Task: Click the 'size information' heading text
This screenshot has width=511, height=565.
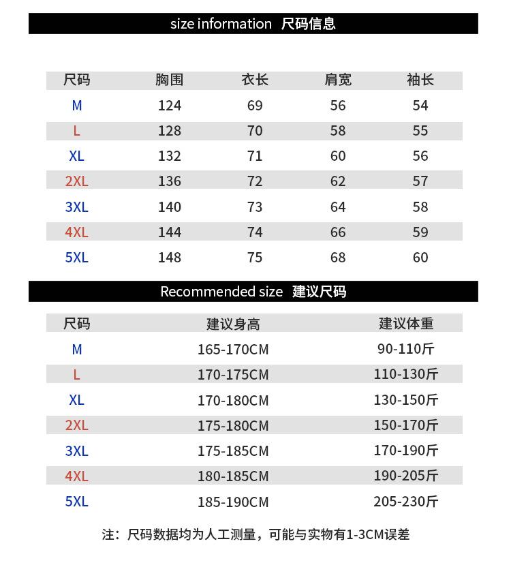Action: coord(221,24)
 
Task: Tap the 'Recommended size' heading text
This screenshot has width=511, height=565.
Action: coord(221,292)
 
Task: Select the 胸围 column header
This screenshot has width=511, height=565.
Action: coord(170,80)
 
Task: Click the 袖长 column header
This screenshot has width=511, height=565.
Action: coord(420,80)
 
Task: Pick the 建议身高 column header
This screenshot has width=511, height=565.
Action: coord(233,324)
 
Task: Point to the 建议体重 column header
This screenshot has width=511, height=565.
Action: coord(406,324)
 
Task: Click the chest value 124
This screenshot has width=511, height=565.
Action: coord(170,106)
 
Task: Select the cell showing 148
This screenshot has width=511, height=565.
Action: coord(170,258)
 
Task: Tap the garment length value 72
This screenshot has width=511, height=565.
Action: coord(255,181)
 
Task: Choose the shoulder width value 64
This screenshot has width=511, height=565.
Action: coord(338,207)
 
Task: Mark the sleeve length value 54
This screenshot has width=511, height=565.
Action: coord(420,106)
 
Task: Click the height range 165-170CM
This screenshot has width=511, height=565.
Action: coord(233,350)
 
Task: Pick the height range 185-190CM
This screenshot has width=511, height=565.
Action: coord(233,502)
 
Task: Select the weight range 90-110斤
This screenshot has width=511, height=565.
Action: coord(406,349)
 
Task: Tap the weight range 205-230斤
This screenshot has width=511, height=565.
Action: coord(406,502)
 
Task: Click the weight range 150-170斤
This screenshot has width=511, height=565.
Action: coord(406,425)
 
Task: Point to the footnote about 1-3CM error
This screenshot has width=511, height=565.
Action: coord(255,534)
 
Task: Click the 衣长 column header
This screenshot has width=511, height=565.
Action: coord(255,80)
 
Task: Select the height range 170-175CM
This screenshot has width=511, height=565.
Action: coord(233,375)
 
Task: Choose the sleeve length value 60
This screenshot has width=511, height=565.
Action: coord(420,258)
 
